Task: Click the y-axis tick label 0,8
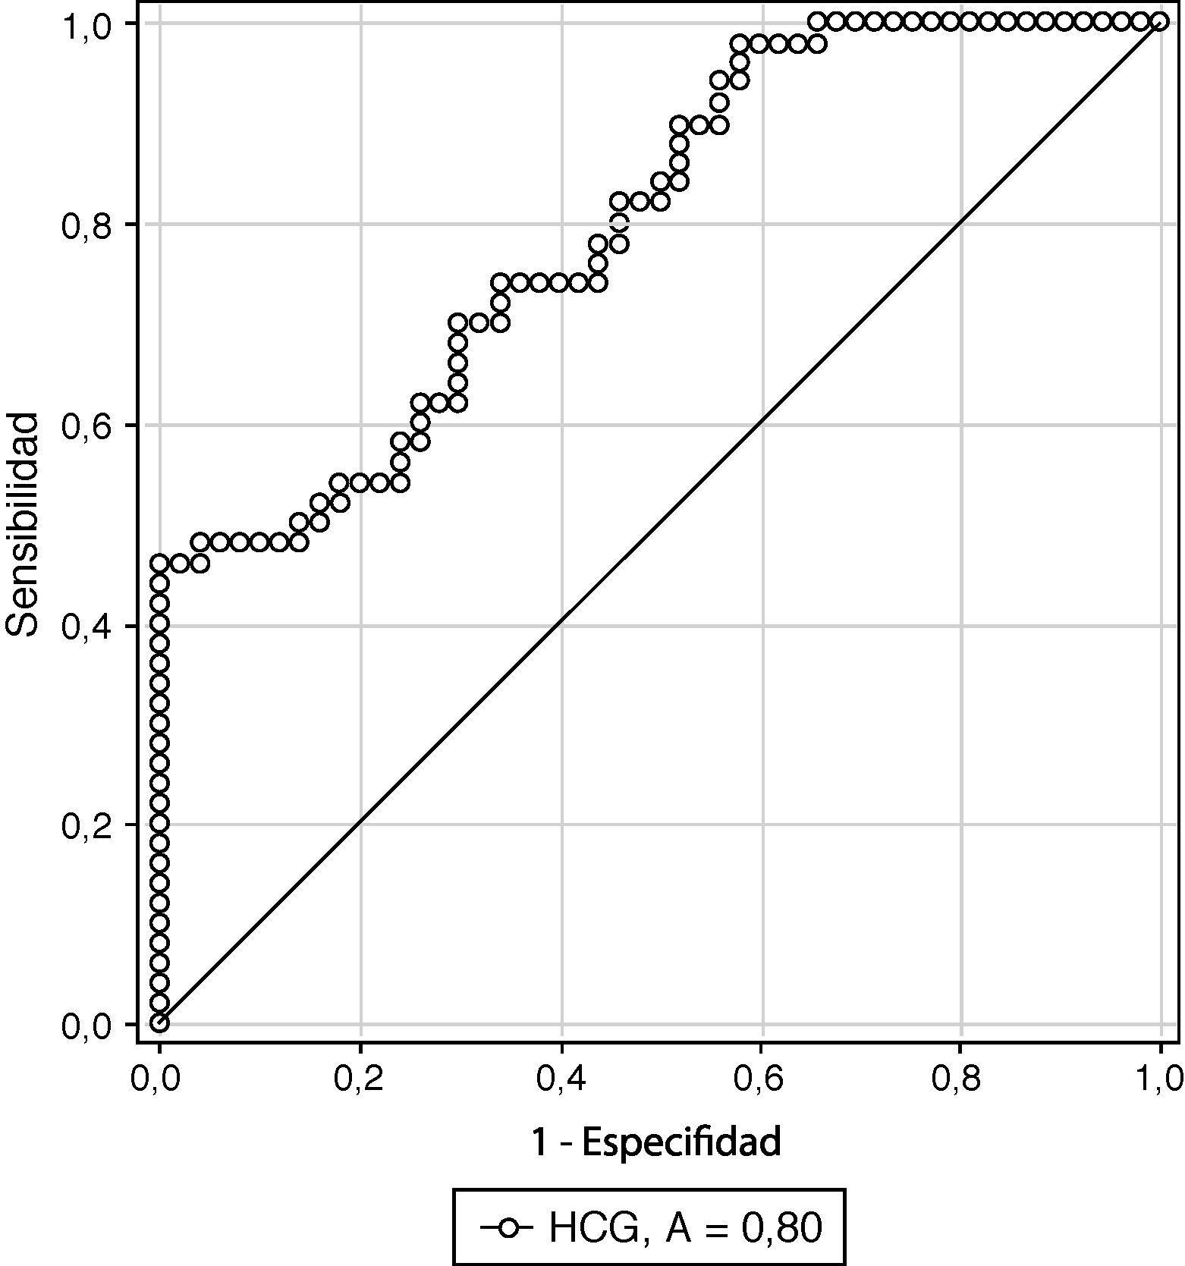[x=85, y=225]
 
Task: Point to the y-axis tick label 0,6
[x=85, y=426]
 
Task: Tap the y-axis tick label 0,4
[x=85, y=627]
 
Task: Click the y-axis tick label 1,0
[x=85, y=26]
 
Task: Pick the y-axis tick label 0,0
[x=85, y=1026]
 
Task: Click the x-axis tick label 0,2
[x=360, y=1079]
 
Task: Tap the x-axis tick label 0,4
[x=561, y=1079]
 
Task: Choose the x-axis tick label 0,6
[x=762, y=1079]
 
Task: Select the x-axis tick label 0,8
[x=960, y=1079]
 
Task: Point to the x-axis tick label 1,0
[x=1158, y=1079]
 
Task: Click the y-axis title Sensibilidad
[x=23, y=524]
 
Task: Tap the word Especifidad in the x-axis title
[x=681, y=1142]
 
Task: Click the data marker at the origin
[x=159, y=1023]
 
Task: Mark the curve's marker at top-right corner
[x=1159, y=21]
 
